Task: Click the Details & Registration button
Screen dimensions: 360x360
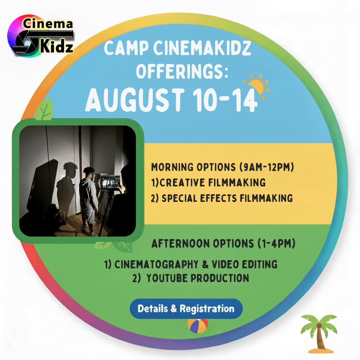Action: tap(186, 309)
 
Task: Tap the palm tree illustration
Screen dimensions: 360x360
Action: tap(319, 334)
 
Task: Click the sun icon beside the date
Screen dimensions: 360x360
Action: tap(257, 86)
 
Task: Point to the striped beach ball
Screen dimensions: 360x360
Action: tap(198, 326)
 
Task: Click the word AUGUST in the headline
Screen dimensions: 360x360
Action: tap(135, 100)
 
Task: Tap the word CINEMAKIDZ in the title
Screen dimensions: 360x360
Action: tap(202, 48)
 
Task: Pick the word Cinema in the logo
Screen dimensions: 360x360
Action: tap(48, 24)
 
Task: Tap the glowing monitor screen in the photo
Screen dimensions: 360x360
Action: tap(110, 182)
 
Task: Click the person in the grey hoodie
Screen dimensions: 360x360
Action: tap(88, 199)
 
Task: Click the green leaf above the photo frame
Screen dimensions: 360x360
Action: tap(44, 109)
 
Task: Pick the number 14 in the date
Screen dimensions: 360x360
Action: tap(245, 100)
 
